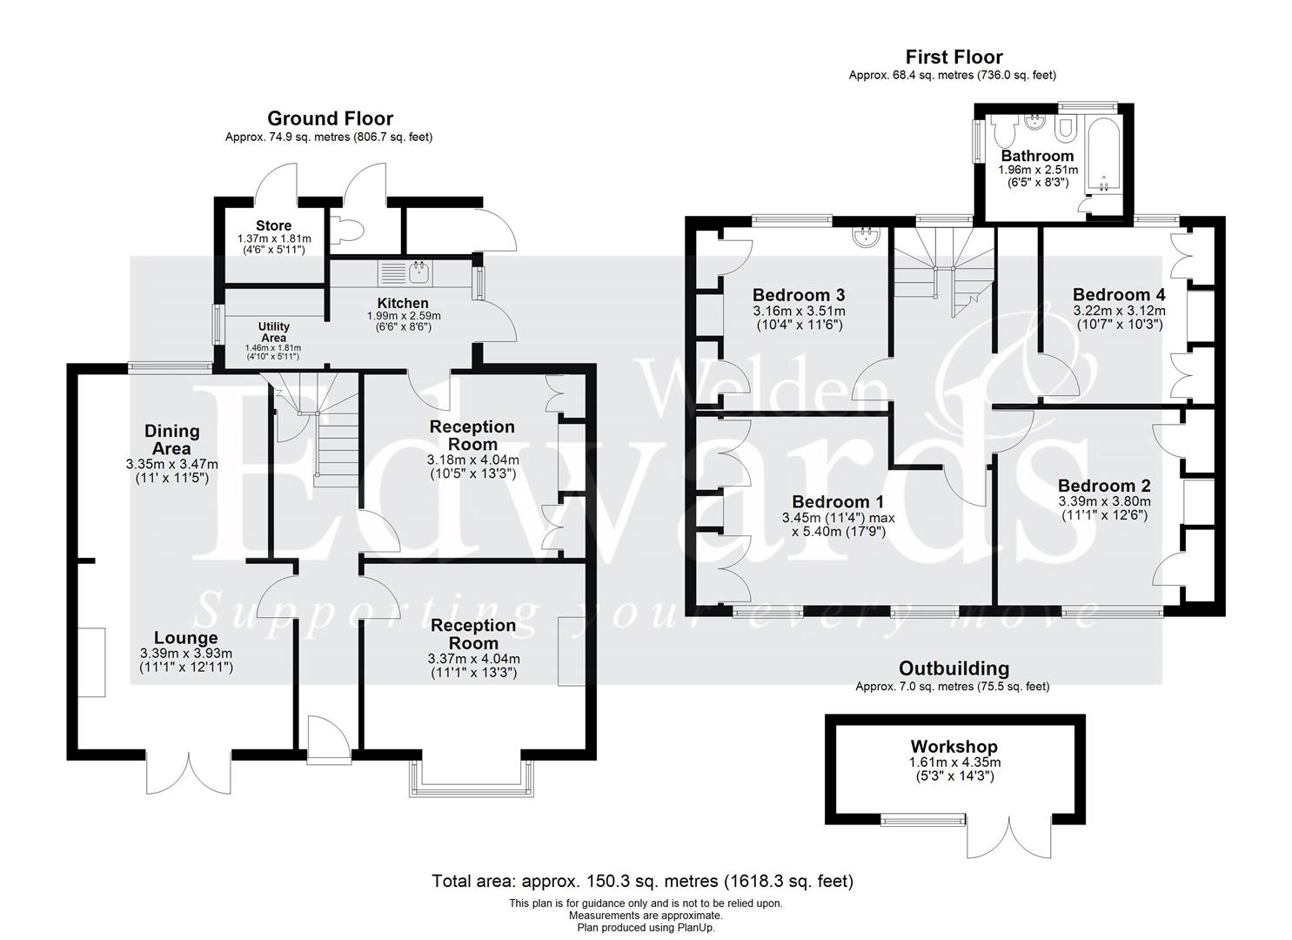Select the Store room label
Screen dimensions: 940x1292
(273, 226)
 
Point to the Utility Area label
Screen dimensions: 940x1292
(273, 332)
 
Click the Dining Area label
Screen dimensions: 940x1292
(171, 440)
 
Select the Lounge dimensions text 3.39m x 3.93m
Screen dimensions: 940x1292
(185, 654)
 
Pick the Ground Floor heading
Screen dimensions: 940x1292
(330, 118)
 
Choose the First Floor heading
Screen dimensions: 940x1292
(954, 57)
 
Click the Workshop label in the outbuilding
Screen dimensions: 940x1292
(954, 747)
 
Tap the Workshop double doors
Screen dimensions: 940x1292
(1008, 838)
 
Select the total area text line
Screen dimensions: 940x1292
(642, 881)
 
